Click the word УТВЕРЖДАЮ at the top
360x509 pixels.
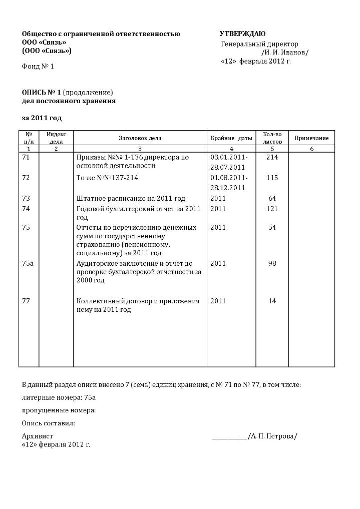pyautogui.click(x=242, y=34)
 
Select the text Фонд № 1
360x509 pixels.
pyautogui.click(x=38, y=66)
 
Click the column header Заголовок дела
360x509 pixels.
pyautogui.click(x=140, y=138)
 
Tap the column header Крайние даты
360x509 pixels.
pyautogui.click(x=231, y=138)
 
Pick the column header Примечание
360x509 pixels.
pyautogui.click(x=311, y=138)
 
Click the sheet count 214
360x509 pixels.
pyautogui.click(x=272, y=157)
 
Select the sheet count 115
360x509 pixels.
pyautogui.click(x=272, y=178)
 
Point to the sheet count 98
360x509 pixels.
pyautogui.click(x=272, y=263)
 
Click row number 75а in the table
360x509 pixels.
pyautogui.click(x=28, y=263)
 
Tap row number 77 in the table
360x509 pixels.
pyautogui.click(x=27, y=301)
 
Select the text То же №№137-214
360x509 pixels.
pyautogui.click(x=107, y=178)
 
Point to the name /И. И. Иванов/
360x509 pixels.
pyautogui.click(x=285, y=52)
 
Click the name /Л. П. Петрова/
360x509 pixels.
pyautogui.click(x=273, y=436)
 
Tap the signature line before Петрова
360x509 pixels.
pyautogui.click(x=230, y=437)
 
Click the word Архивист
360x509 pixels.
pyautogui.click(x=37, y=436)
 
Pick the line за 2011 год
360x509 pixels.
pyautogui.click(x=42, y=118)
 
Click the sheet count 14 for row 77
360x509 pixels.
pyautogui.click(x=272, y=301)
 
